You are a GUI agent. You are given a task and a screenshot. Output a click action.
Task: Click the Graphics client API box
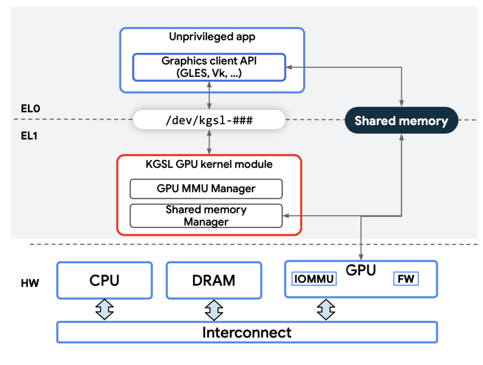click(209, 67)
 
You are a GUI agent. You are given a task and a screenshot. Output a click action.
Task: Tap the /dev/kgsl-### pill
click(209, 120)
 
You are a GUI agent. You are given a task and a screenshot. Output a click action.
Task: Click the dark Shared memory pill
click(401, 120)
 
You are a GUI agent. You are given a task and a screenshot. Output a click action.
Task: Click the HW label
click(30, 283)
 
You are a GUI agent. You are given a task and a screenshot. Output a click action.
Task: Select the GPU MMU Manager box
click(206, 189)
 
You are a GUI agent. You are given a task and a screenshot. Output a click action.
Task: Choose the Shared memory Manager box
click(206, 216)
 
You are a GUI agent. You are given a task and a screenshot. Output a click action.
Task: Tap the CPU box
click(104, 280)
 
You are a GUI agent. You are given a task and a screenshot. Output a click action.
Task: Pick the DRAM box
click(214, 280)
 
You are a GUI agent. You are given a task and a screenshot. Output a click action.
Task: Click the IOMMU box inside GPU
click(314, 279)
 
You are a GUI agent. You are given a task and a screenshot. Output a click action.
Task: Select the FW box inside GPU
click(406, 279)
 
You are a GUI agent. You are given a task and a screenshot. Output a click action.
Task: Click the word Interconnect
click(247, 333)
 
